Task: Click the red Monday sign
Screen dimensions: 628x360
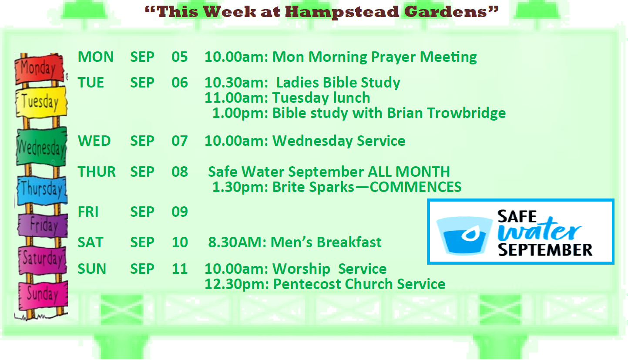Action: (x=39, y=69)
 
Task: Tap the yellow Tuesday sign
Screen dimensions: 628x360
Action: (x=41, y=102)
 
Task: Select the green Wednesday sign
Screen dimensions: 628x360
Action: (x=41, y=146)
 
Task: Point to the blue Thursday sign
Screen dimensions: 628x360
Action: (x=42, y=190)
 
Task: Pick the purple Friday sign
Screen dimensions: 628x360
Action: (x=43, y=225)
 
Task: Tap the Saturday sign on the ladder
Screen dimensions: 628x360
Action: (x=43, y=259)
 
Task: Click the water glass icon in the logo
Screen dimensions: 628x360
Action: (x=464, y=236)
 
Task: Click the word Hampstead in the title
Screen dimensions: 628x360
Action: (x=343, y=12)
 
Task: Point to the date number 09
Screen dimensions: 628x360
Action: (x=180, y=212)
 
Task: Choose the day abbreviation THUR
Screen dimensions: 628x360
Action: (x=97, y=172)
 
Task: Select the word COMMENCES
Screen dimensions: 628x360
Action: (x=416, y=187)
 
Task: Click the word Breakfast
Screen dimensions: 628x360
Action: (x=349, y=242)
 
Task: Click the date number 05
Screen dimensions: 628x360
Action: (x=180, y=57)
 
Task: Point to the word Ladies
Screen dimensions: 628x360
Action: (x=297, y=83)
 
